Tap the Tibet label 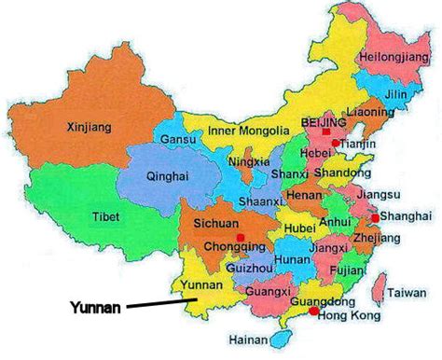(105, 217)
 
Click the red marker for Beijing (325, 132)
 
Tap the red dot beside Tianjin (334, 143)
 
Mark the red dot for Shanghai (374, 217)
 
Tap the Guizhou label (248, 267)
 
